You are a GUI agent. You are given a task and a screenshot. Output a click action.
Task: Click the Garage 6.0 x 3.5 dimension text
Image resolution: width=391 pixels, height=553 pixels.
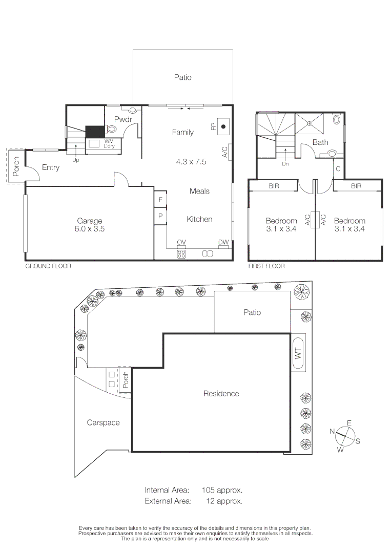90,229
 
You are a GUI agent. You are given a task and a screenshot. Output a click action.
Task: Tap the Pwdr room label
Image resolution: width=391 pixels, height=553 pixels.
123,119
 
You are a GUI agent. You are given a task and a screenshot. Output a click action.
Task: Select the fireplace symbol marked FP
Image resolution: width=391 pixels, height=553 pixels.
223,126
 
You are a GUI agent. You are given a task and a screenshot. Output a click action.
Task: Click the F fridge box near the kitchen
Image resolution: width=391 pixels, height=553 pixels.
160,200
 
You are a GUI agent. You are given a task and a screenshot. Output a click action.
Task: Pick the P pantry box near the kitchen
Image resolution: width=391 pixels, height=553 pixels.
160,217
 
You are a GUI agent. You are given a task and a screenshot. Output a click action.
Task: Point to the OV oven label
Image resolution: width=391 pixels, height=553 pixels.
181,242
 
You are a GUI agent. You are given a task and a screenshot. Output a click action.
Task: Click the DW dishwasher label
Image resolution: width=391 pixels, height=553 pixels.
223,242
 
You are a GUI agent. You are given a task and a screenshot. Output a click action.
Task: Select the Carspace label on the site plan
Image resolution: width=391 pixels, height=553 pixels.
103,422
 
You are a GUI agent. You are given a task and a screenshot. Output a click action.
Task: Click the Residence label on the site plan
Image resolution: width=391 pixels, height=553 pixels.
221,393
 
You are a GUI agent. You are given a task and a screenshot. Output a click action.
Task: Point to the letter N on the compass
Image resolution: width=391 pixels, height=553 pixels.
333,432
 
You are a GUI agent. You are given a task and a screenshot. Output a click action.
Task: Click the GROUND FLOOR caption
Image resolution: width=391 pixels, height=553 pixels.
48,266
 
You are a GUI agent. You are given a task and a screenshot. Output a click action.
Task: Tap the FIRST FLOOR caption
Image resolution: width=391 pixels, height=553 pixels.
266,266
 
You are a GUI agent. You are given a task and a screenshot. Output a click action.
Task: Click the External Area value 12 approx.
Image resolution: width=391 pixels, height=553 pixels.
224,501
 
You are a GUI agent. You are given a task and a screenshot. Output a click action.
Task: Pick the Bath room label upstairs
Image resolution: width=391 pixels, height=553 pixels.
320,142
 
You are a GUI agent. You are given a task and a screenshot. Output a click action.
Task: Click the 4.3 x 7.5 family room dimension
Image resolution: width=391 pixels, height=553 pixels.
191,161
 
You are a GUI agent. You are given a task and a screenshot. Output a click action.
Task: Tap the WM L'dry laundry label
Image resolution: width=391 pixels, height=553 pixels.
109,143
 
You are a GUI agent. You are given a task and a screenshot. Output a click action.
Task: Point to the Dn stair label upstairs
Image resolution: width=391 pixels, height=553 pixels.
285,164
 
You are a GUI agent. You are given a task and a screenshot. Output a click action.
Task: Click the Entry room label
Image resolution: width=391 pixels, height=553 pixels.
51,167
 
